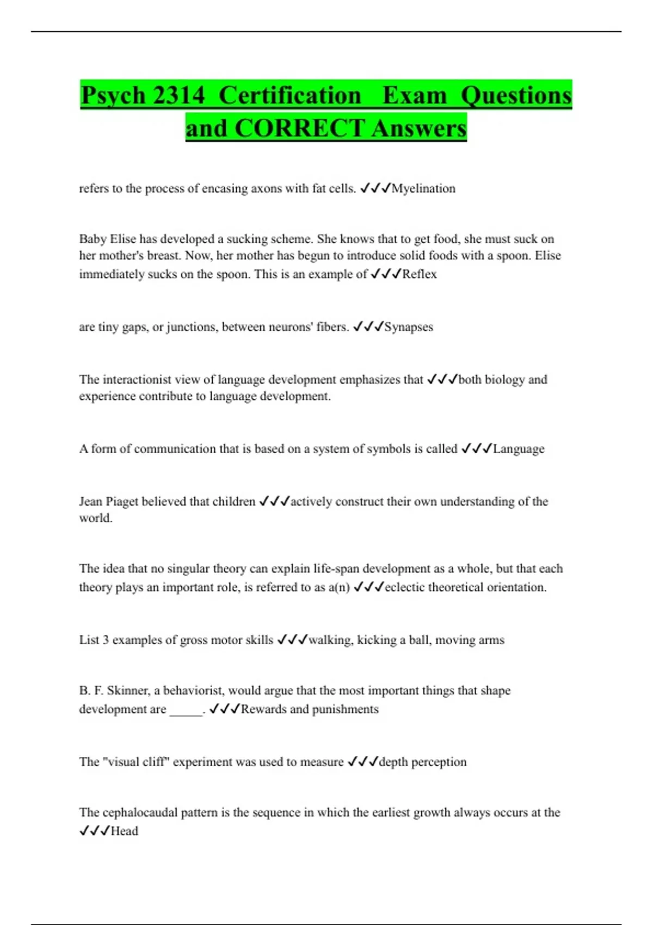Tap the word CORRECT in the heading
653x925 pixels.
click(300, 128)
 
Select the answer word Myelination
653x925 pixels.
click(423, 188)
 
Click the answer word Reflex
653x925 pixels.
click(419, 274)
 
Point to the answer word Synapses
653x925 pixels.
click(409, 326)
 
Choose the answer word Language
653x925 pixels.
click(518, 448)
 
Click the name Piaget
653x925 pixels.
click(122, 501)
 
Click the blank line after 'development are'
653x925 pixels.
click(186, 710)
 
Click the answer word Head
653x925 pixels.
click(125, 831)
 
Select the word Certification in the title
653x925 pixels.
click(289, 96)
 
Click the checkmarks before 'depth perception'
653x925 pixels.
click(362, 762)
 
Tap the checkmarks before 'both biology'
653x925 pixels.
click(442, 379)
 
